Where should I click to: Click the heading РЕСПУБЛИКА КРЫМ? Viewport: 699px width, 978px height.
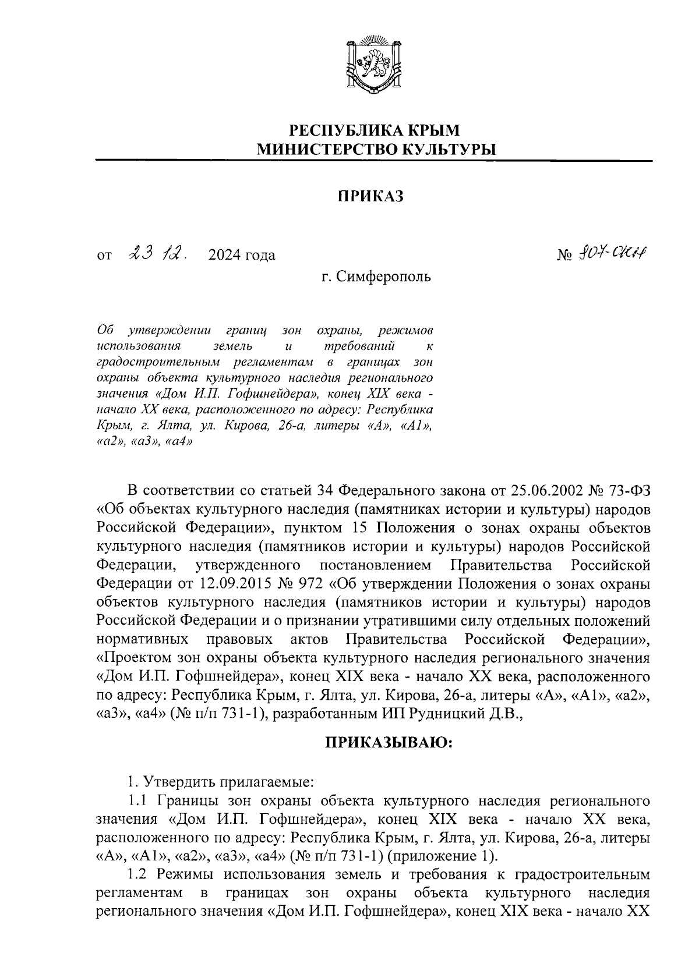point(375,129)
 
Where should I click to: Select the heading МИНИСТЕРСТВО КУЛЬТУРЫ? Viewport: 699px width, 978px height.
point(374,150)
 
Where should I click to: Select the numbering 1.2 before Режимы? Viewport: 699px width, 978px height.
point(137,875)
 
